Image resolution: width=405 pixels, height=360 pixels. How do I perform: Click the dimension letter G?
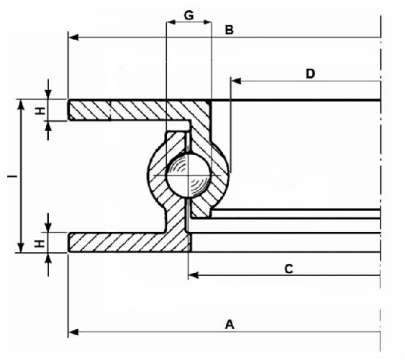coord(188,16)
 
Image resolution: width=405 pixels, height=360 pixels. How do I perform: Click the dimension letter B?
coord(229,30)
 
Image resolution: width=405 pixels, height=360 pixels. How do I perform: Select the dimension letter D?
coord(310,73)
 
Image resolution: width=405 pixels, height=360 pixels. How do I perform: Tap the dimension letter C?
coord(288,269)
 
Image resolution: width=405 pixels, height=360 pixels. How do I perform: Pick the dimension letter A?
coord(229,325)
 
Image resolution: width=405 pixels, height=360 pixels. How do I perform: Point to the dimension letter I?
coord(12,176)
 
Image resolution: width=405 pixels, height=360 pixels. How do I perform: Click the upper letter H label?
coord(40,111)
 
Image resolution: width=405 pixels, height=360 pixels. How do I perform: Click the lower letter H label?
coord(40,243)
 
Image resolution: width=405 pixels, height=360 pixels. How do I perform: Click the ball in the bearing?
coord(188,176)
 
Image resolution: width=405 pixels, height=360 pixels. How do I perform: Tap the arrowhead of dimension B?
coord(73,37)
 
